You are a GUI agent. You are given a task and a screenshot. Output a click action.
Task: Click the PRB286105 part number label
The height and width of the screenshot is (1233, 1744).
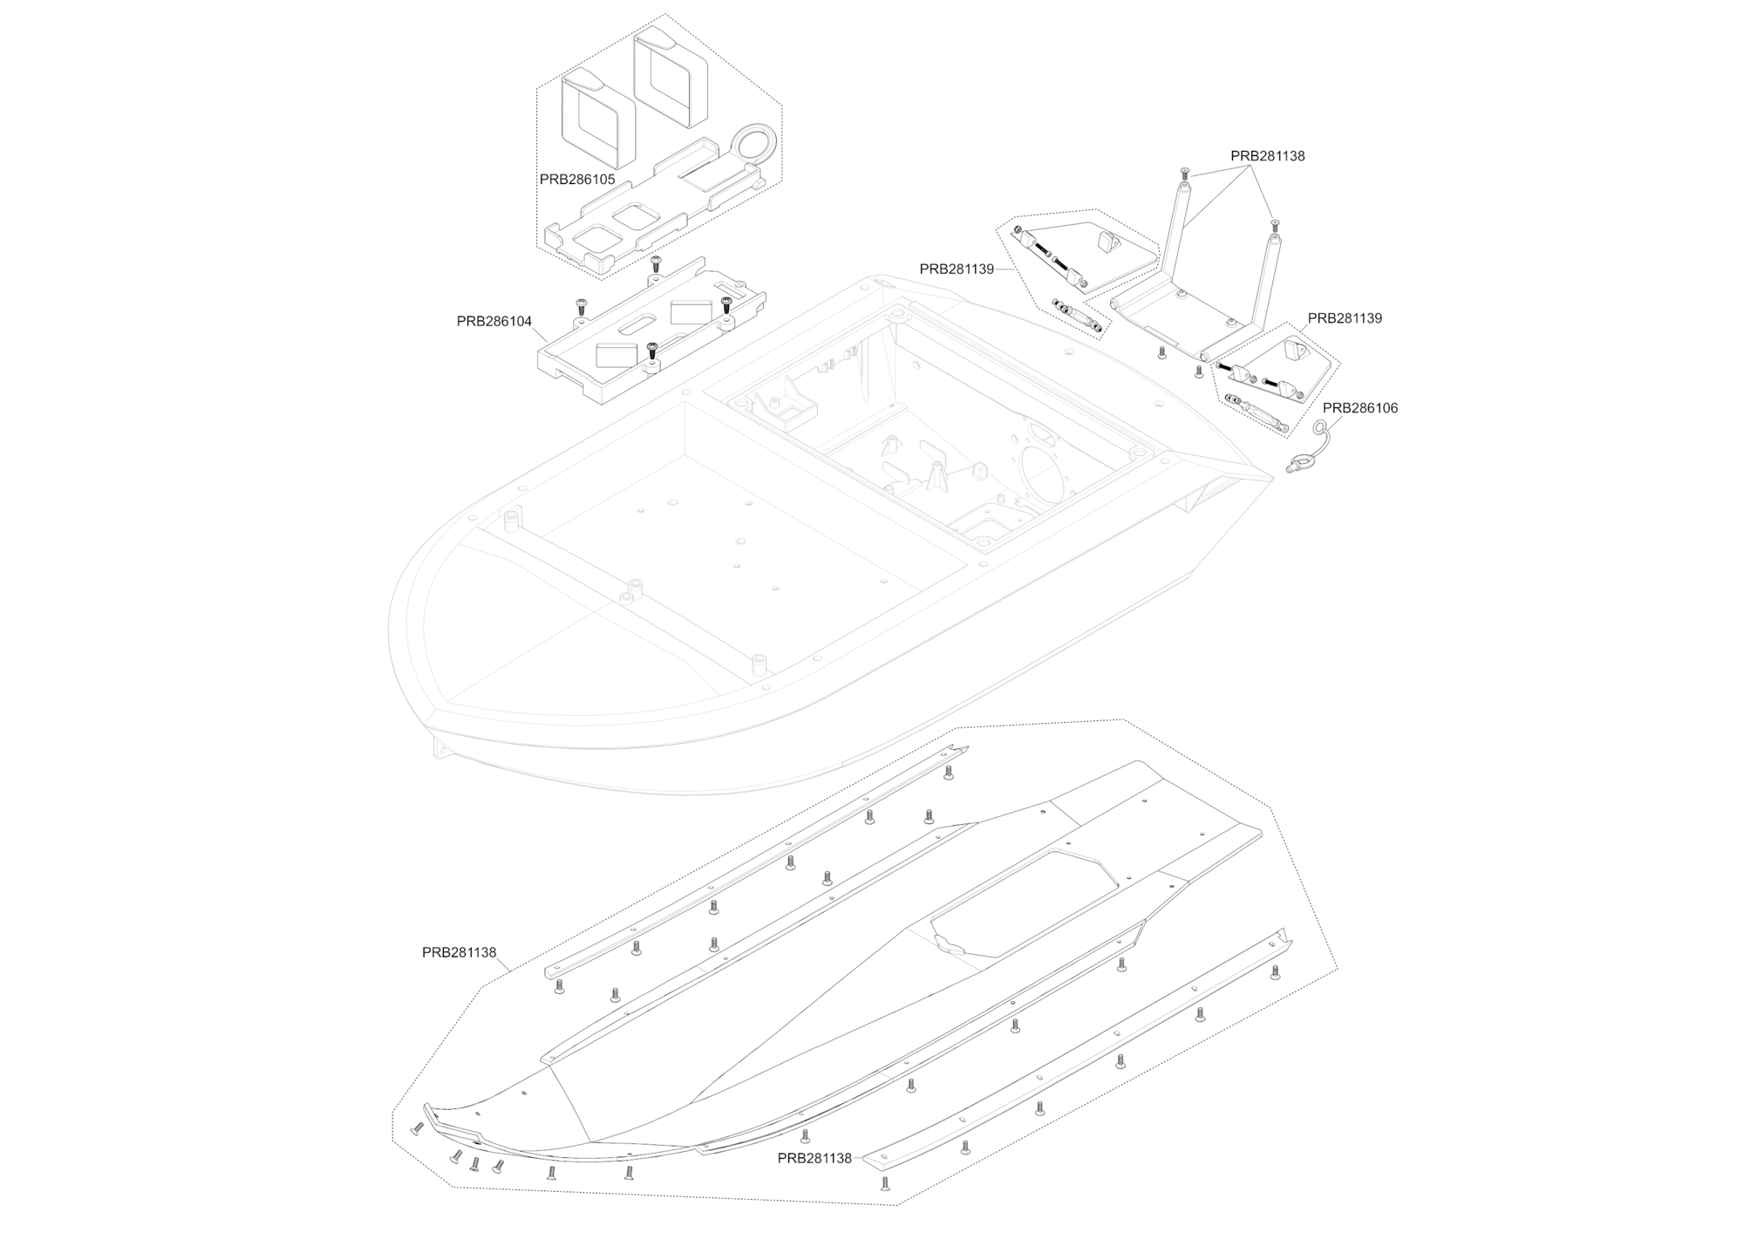point(577,180)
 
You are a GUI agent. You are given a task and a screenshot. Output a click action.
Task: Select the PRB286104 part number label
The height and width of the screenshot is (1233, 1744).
point(494,321)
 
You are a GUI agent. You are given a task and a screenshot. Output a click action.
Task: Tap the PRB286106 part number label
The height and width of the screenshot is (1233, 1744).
point(1360,408)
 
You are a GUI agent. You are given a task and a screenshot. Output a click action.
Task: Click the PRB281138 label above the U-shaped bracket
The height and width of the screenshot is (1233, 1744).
point(1268,156)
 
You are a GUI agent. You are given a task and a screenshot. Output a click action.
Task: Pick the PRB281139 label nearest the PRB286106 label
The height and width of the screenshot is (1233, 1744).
point(1345,318)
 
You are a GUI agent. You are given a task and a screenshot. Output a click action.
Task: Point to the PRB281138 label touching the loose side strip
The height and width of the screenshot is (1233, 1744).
point(814,1158)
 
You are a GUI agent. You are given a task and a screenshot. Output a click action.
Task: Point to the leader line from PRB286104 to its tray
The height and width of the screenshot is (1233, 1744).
point(541,331)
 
